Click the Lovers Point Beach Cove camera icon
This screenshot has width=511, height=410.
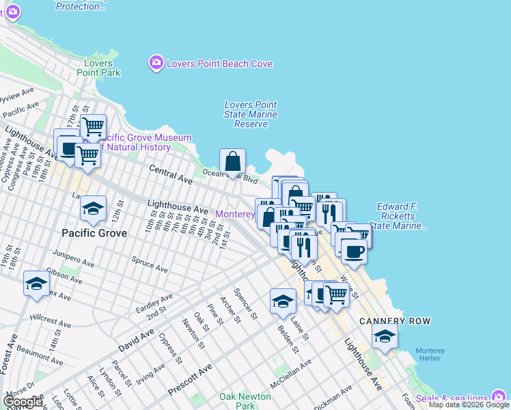[x=156, y=64]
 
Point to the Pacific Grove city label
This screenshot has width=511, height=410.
[x=94, y=233]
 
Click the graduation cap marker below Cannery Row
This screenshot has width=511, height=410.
[x=385, y=336]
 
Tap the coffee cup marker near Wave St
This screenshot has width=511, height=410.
[x=353, y=250]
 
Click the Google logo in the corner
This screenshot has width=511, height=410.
[x=23, y=402]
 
